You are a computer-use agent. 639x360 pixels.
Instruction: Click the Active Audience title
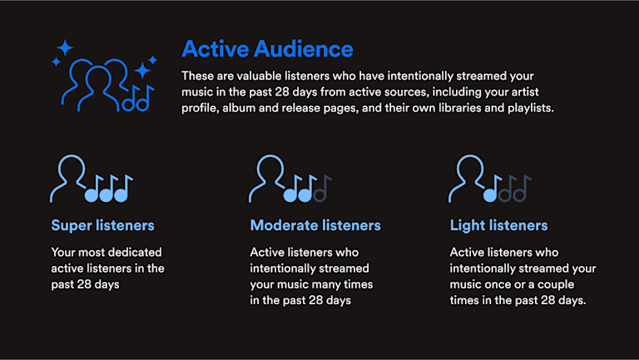(267, 49)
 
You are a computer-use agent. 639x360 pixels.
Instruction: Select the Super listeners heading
(102, 225)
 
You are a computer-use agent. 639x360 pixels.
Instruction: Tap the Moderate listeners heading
(315, 225)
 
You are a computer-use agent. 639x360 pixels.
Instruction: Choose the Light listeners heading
(499, 225)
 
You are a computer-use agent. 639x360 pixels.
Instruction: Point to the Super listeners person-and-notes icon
(92, 179)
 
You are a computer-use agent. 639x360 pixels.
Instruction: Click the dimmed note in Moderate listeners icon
(322, 189)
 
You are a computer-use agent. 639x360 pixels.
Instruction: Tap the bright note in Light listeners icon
(492, 189)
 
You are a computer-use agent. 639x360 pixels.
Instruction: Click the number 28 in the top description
(283, 92)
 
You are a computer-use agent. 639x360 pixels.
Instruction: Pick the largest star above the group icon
(65, 48)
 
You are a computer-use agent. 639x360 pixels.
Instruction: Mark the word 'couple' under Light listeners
(556, 284)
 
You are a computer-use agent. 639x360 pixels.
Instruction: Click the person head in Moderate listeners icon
(270, 167)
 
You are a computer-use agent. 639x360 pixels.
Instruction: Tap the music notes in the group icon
(138, 99)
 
